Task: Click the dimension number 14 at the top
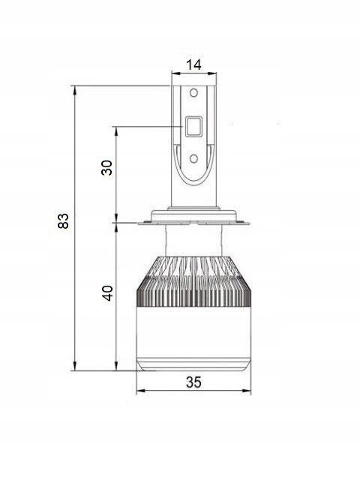click(x=193, y=65)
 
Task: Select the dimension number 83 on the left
click(x=63, y=220)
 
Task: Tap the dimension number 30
click(x=106, y=167)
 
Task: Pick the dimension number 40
click(x=106, y=293)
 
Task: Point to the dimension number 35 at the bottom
click(x=193, y=382)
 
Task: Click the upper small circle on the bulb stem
click(x=193, y=92)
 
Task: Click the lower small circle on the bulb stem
click(x=193, y=158)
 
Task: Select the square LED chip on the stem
click(x=193, y=126)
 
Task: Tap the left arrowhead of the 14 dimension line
click(x=175, y=73)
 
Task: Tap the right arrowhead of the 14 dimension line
click(x=213, y=73)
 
